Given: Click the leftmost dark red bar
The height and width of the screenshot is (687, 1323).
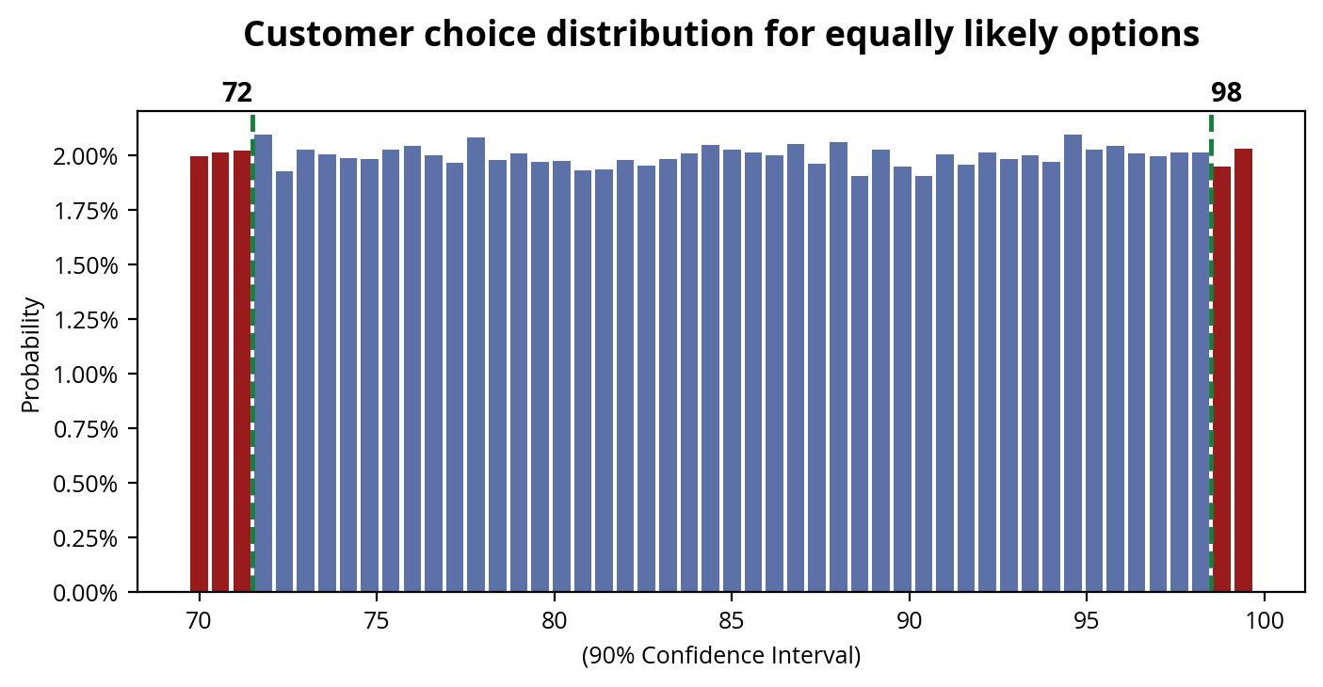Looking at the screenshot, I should [x=199, y=374].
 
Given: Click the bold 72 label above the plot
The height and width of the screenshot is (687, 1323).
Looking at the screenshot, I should [x=237, y=93].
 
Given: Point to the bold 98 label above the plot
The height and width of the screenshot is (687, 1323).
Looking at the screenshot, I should [x=1226, y=93].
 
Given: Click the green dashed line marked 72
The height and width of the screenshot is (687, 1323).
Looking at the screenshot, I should [x=252, y=358].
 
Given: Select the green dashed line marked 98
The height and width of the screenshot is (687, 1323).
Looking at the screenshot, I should [x=1211, y=358].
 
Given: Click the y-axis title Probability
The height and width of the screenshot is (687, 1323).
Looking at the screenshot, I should [x=32, y=355].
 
